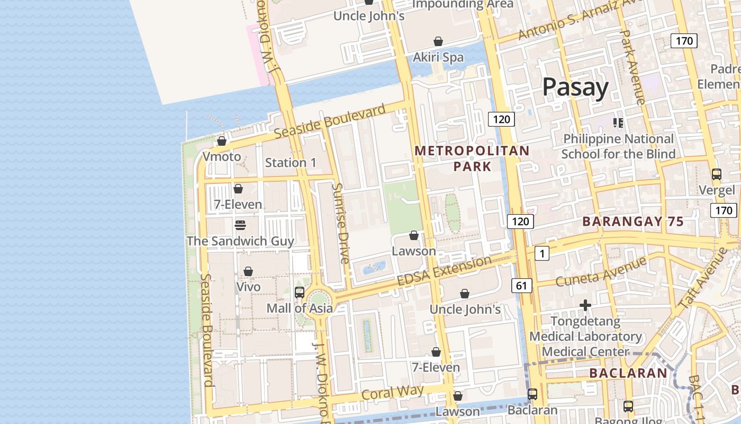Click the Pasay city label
pyautogui.click(x=575, y=87)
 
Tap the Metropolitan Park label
pyautogui.click(x=472, y=158)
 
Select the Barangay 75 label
pyautogui.click(x=633, y=222)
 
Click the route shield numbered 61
pyautogui.click(x=521, y=286)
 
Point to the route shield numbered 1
pyautogui.click(x=541, y=254)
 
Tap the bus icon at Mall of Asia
pyautogui.click(x=300, y=292)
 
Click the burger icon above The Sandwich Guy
pyautogui.click(x=240, y=225)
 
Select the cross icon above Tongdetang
pyautogui.click(x=585, y=305)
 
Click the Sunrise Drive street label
pyautogui.click(x=341, y=223)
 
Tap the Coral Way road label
pyautogui.click(x=392, y=393)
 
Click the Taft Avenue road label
pyautogui.click(x=703, y=277)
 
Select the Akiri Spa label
pyautogui.click(x=438, y=57)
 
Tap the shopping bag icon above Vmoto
pyautogui.click(x=222, y=141)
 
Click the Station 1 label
pyautogui.click(x=291, y=163)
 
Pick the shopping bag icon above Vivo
pyautogui.click(x=248, y=271)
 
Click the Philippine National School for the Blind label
pyautogui.click(x=618, y=146)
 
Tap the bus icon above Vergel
pyautogui.click(x=716, y=174)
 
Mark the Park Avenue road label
pyautogui.click(x=632, y=66)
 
